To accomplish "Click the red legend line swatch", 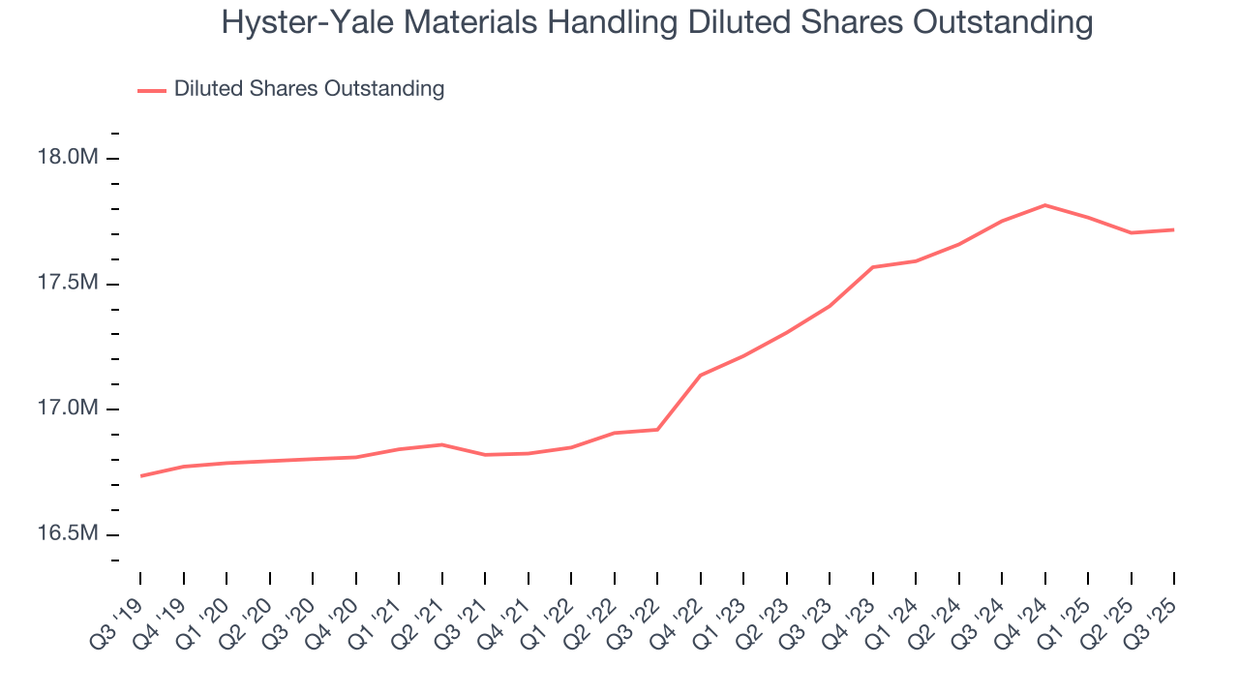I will point(152,90).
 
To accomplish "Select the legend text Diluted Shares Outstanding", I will point(309,89).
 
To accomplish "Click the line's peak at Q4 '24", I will point(1045,205).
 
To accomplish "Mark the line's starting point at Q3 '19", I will point(141,476).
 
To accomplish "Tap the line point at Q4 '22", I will point(701,375).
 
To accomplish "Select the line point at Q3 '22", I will point(657,429).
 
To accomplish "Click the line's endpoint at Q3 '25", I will point(1174,229).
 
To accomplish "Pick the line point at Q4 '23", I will point(873,267).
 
